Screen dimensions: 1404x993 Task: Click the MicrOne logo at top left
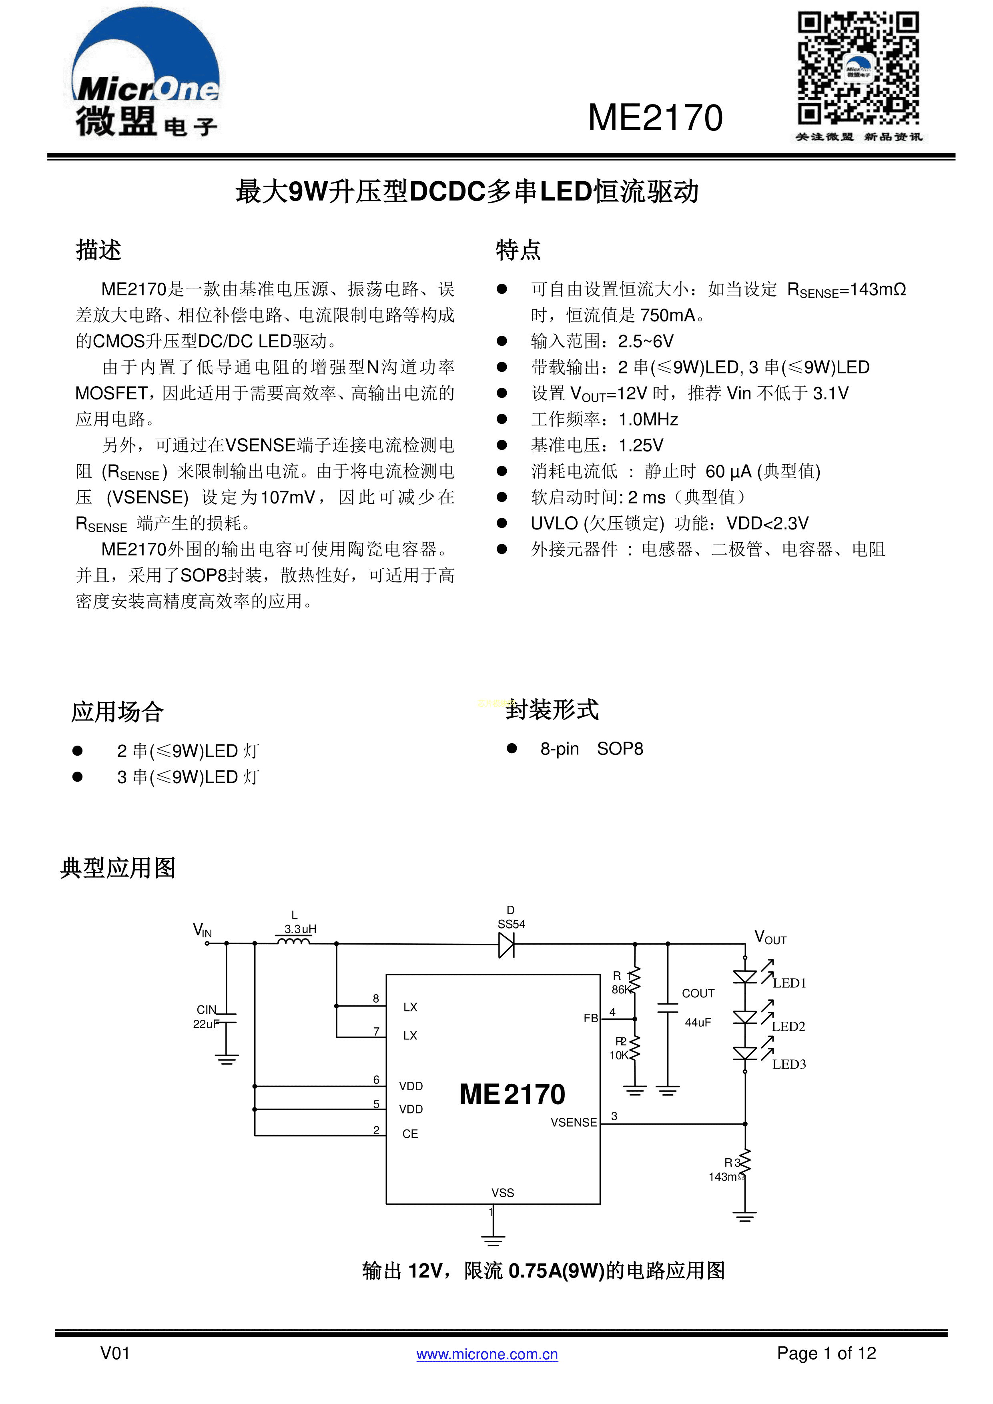pyautogui.click(x=146, y=73)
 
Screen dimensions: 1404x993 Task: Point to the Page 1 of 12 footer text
pyautogui.click(x=826, y=1353)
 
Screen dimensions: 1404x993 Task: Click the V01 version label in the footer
pyautogui.click(x=115, y=1353)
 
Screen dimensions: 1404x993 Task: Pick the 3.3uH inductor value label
pyautogui.click(x=300, y=929)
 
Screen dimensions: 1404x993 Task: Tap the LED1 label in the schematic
pyautogui.click(x=789, y=983)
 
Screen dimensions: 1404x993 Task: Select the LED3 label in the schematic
pyautogui.click(x=789, y=1065)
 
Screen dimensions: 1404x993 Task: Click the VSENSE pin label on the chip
pyautogui.click(x=574, y=1122)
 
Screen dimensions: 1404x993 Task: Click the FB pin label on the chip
pyautogui.click(x=591, y=1018)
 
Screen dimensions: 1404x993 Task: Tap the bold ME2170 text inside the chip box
pyautogui.click(x=512, y=1094)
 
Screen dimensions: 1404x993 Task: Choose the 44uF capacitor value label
pyautogui.click(x=698, y=1023)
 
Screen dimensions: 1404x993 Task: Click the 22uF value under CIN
pyautogui.click(x=205, y=1024)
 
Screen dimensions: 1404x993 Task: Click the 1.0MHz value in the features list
pyautogui.click(x=648, y=419)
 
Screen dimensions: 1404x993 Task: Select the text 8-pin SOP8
pyautogui.click(x=591, y=749)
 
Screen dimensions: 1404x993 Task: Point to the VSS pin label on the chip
pyautogui.click(x=503, y=1192)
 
